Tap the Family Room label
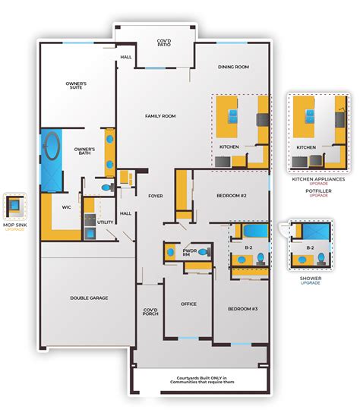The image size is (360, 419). coord(161,115)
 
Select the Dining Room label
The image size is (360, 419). coord(233,67)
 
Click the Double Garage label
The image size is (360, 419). coord(88,298)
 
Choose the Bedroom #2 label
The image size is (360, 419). coord(232,195)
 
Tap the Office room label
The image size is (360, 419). coord(188,304)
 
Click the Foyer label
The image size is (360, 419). coord(156,195)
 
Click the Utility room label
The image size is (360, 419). coord(105,223)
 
